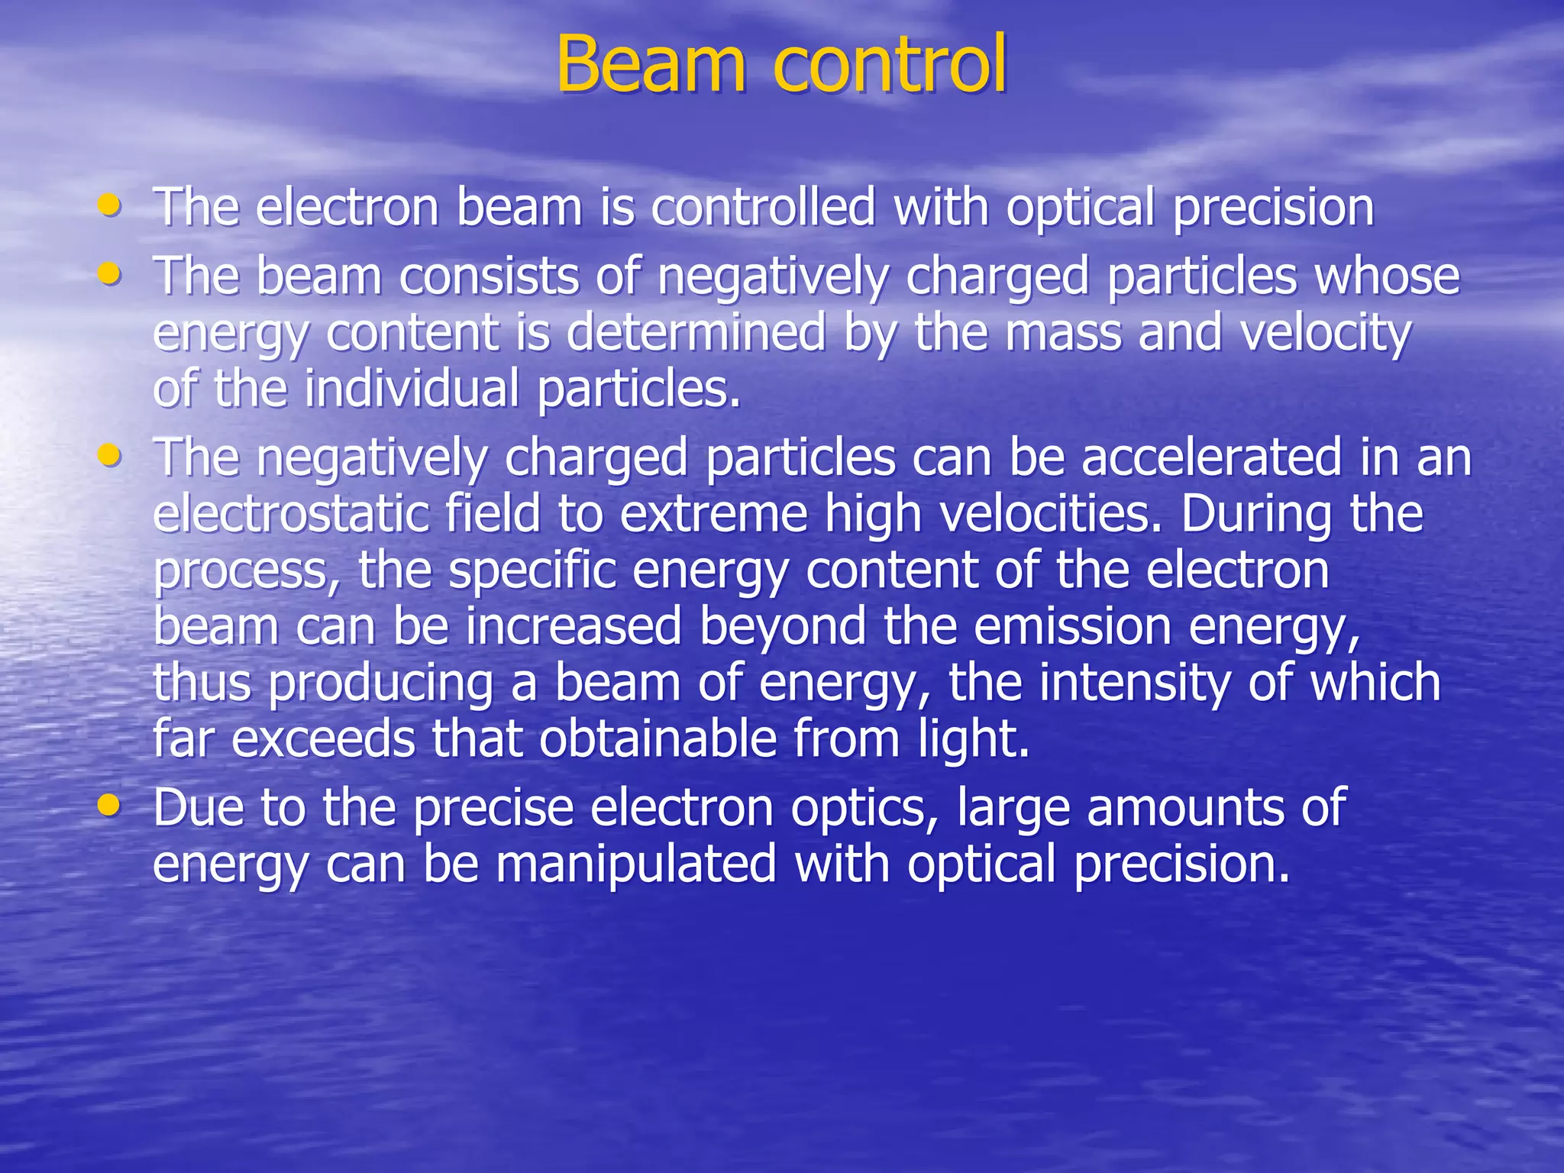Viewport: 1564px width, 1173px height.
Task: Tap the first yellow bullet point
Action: (x=110, y=205)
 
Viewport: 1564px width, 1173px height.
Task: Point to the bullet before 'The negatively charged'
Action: (x=110, y=455)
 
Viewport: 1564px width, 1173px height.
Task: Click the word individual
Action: (x=412, y=389)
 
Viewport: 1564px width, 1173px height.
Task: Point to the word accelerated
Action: (x=1211, y=457)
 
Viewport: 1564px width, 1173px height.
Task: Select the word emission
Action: (x=1072, y=627)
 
